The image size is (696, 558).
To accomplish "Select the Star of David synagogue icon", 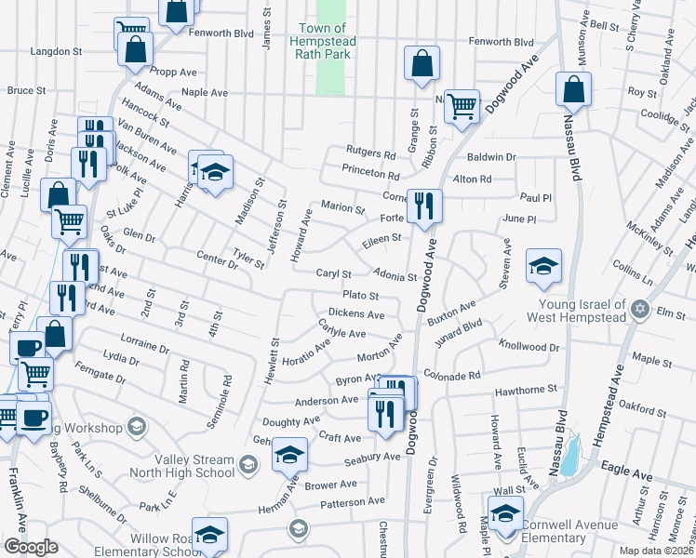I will pyautogui.click(x=639, y=308).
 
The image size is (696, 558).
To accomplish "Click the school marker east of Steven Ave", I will pyautogui.click(x=543, y=266).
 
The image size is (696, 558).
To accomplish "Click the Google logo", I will pyautogui.click(x=32, y=547).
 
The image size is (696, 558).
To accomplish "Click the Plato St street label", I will pyautogui.click(x=361, y=296).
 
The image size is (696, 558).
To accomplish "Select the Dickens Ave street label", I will pyautogui.click(x=356, y=314).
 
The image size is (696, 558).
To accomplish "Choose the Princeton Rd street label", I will pyautogui.click(x=370, y=175).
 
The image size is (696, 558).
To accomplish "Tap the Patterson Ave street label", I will pyautogui.click(x=353, y=501).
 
